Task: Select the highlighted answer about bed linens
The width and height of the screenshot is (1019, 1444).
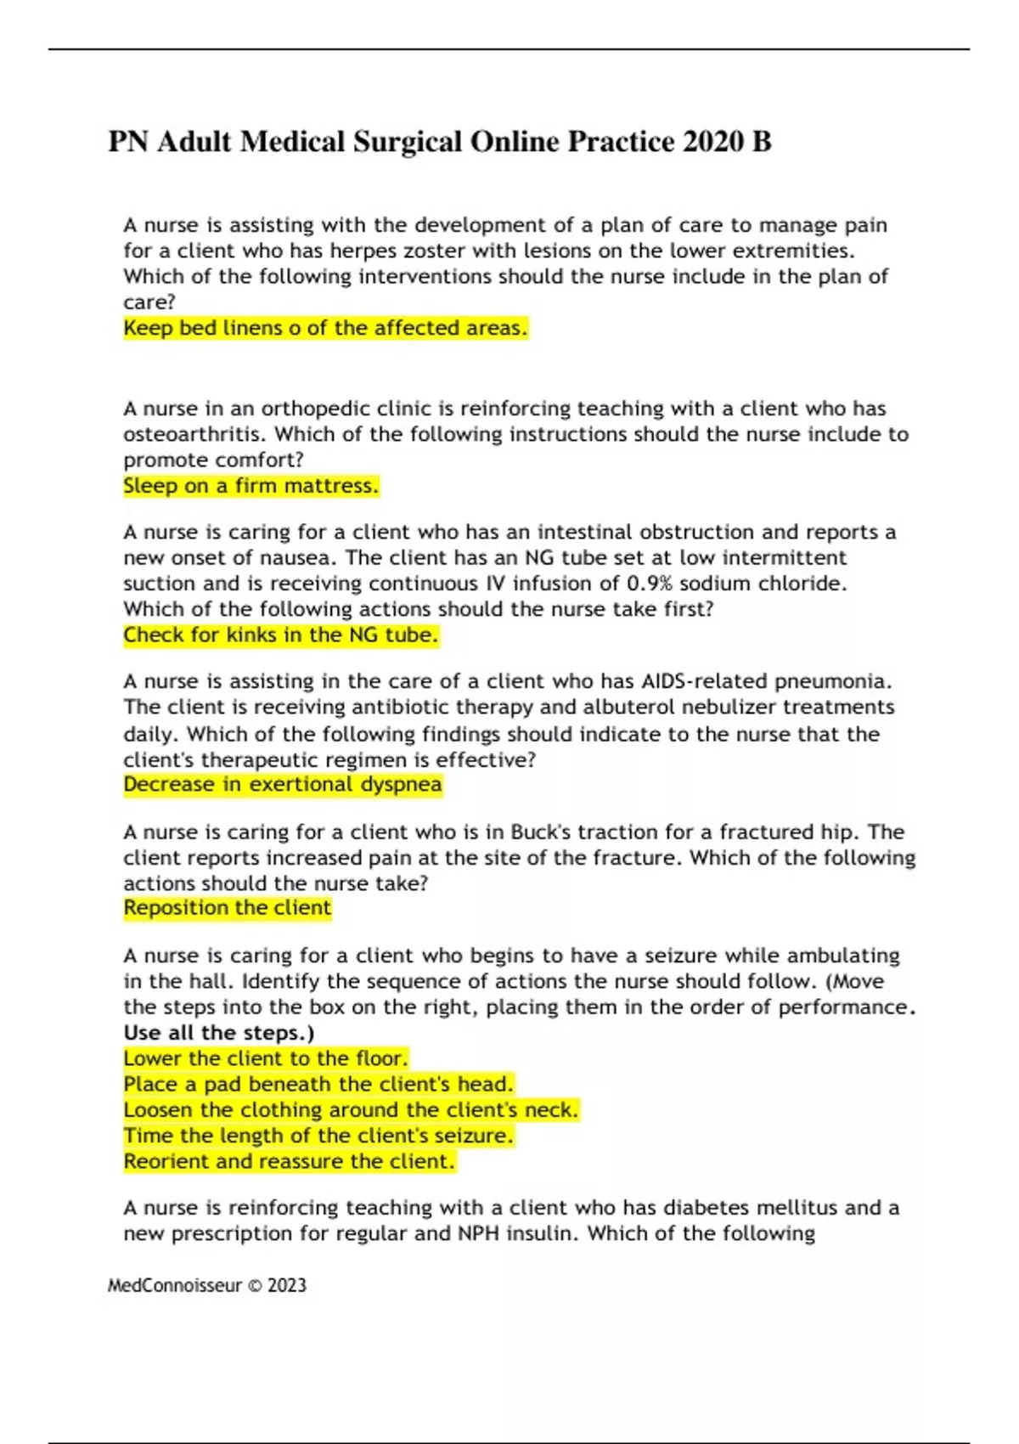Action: pyautogui.click(x=325, y=328)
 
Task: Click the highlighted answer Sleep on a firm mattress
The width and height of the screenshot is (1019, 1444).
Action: pyautogui.click(x=251, y=486)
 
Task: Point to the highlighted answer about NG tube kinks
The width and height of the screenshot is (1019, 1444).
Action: pyautogui.click(x=280, y=635)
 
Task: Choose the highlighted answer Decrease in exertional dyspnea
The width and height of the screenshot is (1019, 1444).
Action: pyautogui.click(x=282, y=784)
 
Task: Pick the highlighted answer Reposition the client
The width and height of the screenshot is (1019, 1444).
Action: pyautogui.click(x=227, y=908)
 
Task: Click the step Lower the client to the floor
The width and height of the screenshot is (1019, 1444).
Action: pyautogui.click(x=266, y=1058)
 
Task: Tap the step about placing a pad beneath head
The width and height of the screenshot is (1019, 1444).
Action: pyautogui.click(x=318, y=1085)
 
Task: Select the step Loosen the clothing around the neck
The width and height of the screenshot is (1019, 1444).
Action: pyautogui.click(x=351, y=1110)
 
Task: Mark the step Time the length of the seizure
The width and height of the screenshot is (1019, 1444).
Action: pyautogui.click(x=318, y=1136)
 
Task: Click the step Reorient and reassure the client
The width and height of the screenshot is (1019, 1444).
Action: pyautogui.click(x=289, y=1161)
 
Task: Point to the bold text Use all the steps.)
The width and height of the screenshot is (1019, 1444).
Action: pyautogui.click(x=218, y=1033)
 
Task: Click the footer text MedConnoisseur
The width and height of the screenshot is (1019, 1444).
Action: pyautogui.click(x=174, y=1286)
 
